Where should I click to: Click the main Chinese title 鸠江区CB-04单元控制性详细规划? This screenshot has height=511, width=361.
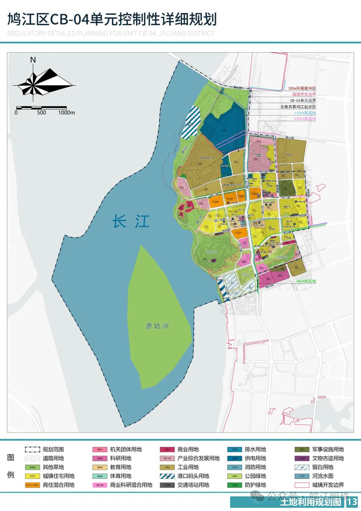[112, 20]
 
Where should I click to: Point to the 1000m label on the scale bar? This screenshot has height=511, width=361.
[67, 113]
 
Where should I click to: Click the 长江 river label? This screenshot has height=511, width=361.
[131, 222]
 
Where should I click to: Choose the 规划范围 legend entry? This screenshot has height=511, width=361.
[53, 450]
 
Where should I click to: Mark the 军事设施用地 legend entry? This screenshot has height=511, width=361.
[326, 450]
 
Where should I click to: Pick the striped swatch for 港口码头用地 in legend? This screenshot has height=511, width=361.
[167, 476]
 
